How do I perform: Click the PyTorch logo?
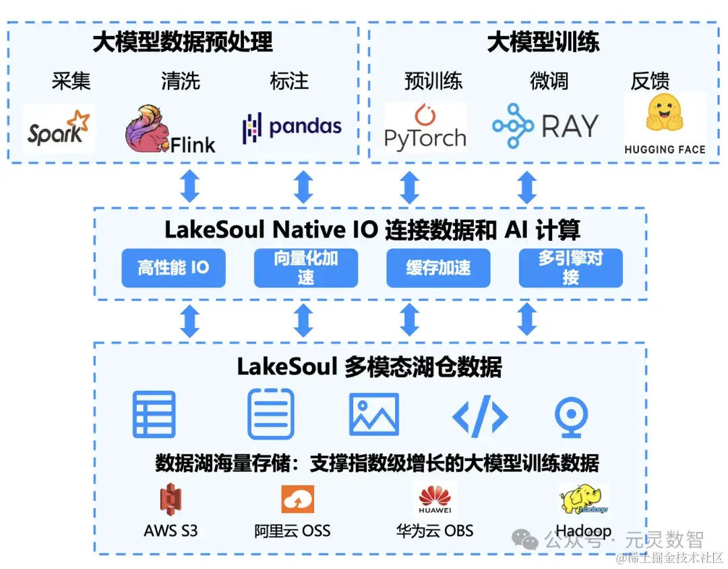(x=425, y=127)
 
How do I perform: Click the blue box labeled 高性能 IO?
(x=173, y=268)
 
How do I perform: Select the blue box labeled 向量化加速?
(x=305, y=268)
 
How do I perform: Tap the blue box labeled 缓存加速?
(x=438, y=268)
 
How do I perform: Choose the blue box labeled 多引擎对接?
(x=570, y=268)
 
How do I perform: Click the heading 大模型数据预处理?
(x=183, y=42)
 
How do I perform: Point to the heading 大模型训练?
(x=543, y=42)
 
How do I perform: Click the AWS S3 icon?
(x=171, y=500)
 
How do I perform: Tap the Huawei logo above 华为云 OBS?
(x=435, y=500)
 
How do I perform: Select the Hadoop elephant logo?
(x=583, y=500)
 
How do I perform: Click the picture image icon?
(x=373, y=414)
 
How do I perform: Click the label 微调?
(x=549, y=81)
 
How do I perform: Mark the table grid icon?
(x=154, y=414)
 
